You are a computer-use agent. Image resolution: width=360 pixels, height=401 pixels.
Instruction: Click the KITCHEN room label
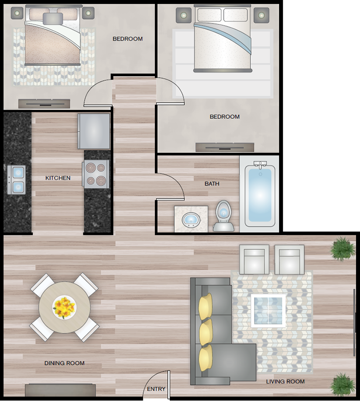pos(58,178)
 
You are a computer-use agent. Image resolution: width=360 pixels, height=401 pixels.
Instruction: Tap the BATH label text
pos(212,183)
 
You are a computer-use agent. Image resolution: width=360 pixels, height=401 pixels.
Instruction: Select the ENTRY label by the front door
pos(156,389)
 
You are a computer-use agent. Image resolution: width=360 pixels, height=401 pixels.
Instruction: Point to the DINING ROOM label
pos(65,363)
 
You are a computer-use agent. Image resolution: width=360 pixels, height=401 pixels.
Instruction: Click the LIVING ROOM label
pos(285,381)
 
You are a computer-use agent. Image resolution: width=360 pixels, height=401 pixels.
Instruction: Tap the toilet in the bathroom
pos(224,216)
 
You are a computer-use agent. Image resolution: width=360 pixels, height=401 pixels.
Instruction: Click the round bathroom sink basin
pos(191,220)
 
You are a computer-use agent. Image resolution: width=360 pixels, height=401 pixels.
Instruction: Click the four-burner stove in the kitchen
pos(96,174)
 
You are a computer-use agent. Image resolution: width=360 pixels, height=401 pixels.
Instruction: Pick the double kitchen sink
pos(17,179)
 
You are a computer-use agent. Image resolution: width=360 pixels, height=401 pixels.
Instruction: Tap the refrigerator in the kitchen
pos(94,131)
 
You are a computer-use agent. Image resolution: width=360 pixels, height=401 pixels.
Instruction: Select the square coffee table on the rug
pos(268,311)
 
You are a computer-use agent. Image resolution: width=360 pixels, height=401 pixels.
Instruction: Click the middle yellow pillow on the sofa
pos(206,332)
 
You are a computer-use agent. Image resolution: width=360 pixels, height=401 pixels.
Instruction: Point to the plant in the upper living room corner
pos(343,248)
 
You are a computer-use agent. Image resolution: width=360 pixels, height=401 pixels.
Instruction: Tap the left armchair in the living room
pos(254,259)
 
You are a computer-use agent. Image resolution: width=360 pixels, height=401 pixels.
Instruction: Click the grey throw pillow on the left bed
pos(53,19)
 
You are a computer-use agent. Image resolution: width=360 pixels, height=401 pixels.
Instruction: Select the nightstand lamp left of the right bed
pos(183,16)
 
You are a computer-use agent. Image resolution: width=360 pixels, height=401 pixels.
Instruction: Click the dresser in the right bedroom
pos(225,147)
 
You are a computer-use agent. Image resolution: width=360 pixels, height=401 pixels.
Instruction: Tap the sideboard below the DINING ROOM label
pos(60,390)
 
